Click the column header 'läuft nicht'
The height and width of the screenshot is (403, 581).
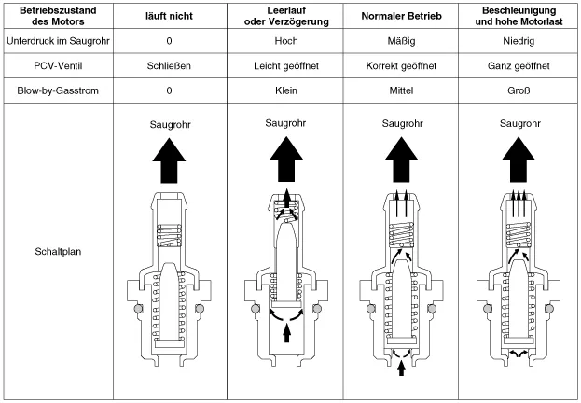(169, 18)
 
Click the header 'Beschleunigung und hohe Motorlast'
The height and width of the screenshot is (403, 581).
(519, 18)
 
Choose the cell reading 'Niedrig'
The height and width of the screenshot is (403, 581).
(519, 42)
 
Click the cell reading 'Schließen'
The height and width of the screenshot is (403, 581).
(169, 66)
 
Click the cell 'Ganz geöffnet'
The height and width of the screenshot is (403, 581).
(519, 66)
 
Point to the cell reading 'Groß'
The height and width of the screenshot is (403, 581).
(519, 91)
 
